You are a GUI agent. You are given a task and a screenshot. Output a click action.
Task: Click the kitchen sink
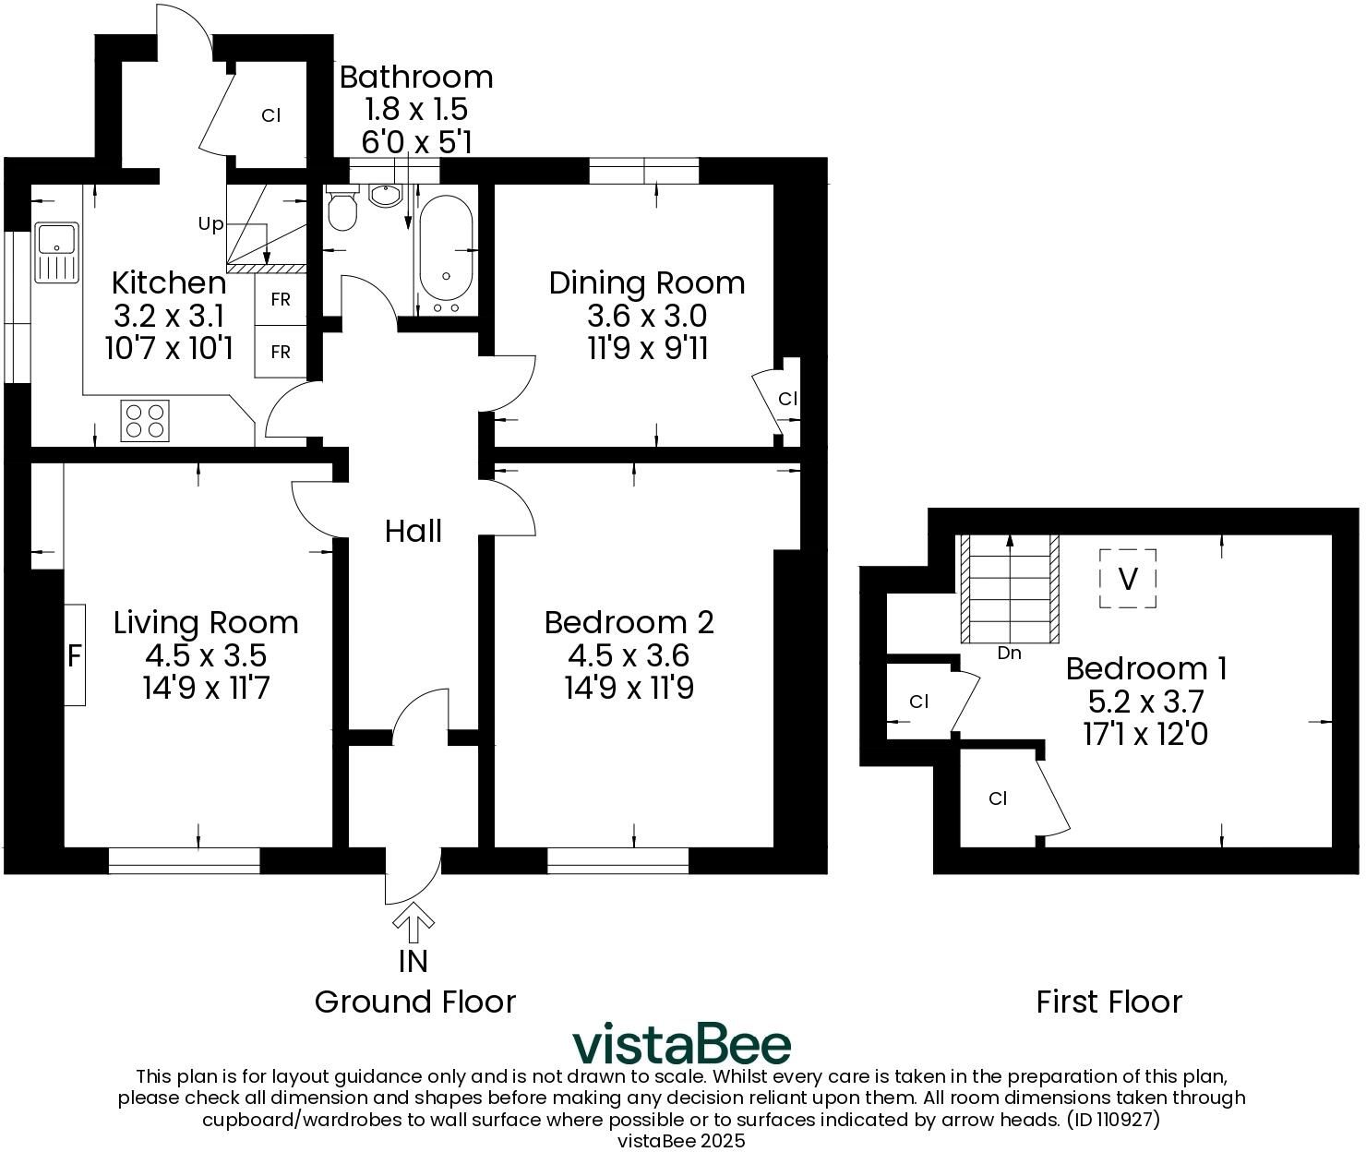pos(57,252)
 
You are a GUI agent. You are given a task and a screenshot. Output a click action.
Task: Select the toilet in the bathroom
pos(343,210)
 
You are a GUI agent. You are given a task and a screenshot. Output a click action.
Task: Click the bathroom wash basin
pos(385,195)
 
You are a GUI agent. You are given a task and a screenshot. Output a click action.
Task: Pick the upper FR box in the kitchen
pos(280,300)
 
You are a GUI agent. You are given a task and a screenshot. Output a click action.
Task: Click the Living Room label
pos(206,622)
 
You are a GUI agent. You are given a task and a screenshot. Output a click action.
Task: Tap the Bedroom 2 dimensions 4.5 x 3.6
pos(629,655)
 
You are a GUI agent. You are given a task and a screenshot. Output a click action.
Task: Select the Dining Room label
pos(647,282)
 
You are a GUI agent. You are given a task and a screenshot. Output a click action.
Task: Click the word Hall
pos(413,531)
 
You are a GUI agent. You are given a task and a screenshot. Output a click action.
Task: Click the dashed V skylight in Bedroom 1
pos(1127,579)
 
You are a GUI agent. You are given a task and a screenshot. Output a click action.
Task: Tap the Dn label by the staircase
pos(1009,654)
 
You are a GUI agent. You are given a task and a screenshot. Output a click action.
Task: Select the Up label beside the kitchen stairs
pos(210,224)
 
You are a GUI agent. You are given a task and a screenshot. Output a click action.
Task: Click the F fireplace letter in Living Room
pos(75,656)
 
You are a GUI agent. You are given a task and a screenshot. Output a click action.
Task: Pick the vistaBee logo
pos(681,1044)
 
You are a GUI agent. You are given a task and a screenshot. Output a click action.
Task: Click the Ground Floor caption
pos(414,1002)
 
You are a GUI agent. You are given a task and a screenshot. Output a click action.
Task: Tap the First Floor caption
pos(1108,1002)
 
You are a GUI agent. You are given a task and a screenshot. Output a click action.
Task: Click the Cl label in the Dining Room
pos(787,399)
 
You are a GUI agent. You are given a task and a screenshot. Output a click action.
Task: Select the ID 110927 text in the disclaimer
pos(1112,1120)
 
